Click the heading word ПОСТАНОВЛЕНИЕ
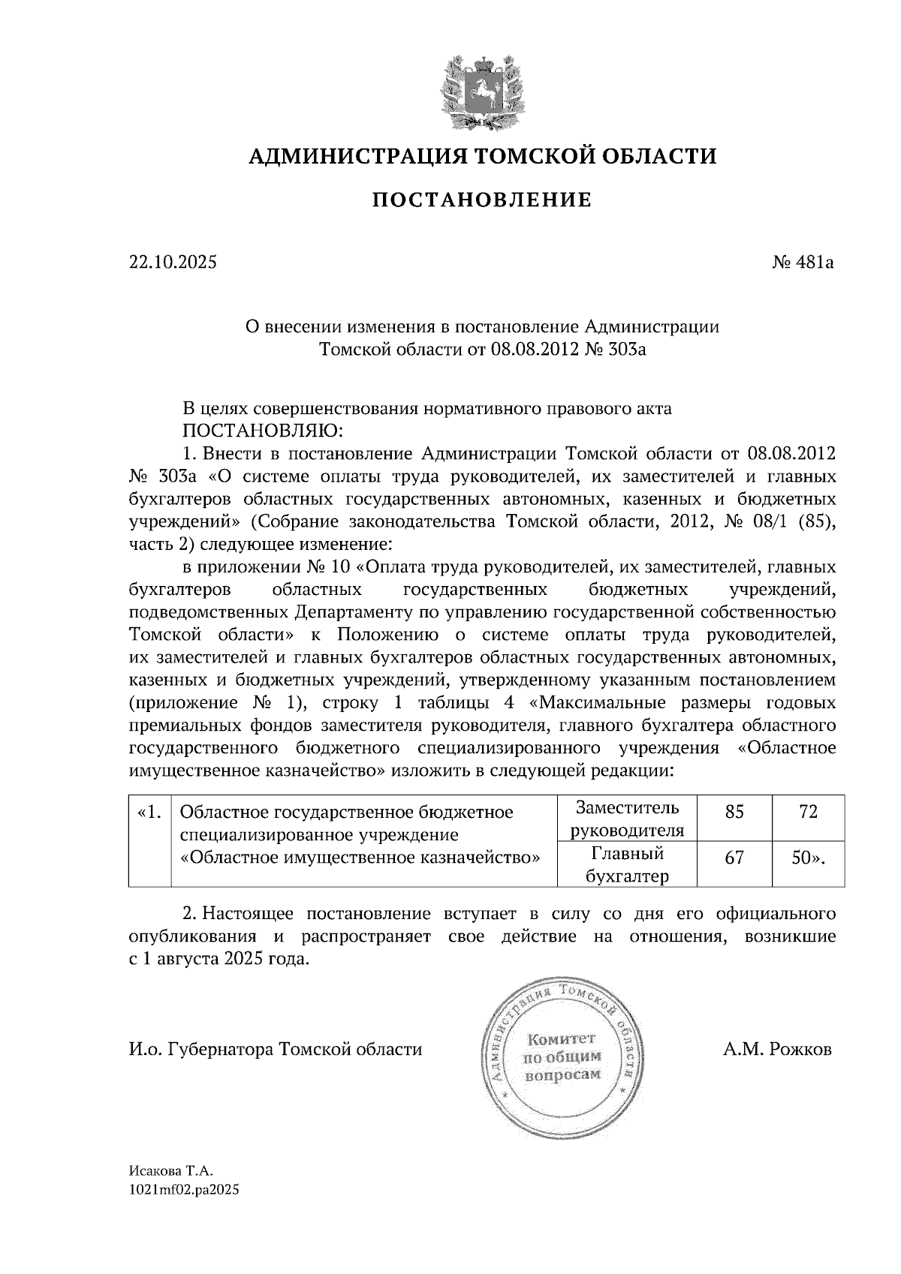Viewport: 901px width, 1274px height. (482, 200)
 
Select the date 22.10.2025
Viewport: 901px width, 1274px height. (173, 263)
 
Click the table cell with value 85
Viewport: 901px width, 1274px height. (734, 812)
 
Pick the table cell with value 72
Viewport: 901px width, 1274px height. (808, 812)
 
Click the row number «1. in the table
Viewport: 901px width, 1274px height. (149, 812)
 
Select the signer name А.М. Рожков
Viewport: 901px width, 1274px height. (777, 1050)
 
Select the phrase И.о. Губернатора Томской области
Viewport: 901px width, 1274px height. (276, 1050)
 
